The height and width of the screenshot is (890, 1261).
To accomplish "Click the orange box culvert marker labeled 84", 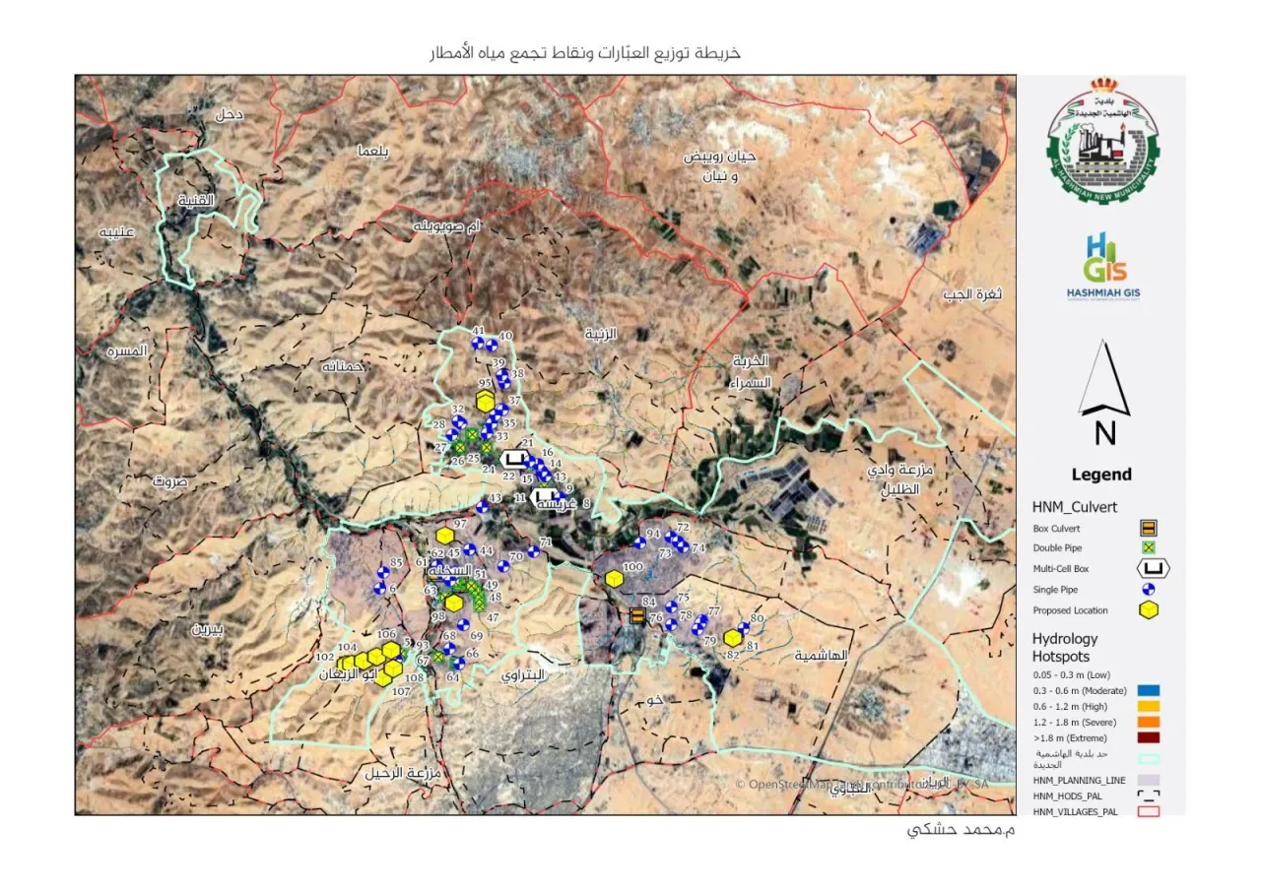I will (x=637, y=616).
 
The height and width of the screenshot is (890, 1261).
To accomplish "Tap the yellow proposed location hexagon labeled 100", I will (x=615, y=579).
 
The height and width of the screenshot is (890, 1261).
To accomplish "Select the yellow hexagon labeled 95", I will (x=485, y=401).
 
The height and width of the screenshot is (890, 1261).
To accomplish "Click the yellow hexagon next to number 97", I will (x=445, y=536).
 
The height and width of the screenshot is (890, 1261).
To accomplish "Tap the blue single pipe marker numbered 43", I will (x=483, y=508).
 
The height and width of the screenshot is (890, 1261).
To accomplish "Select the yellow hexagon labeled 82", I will (x=732, y=638).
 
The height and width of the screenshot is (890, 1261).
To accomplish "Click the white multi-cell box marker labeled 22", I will (x=513, y=459).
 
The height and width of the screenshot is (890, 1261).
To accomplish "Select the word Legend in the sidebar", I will (x=1101, y=475).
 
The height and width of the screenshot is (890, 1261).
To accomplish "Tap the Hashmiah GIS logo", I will (x=1103, y=267).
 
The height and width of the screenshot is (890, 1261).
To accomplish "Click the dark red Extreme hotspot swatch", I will (x=1148, y=737).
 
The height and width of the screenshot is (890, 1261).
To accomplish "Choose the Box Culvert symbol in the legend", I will (x=1148, y=528).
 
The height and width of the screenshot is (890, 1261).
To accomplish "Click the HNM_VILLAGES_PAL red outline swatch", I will (x=1148, y=811).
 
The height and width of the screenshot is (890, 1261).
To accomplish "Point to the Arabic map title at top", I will (x=584, y=53).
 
